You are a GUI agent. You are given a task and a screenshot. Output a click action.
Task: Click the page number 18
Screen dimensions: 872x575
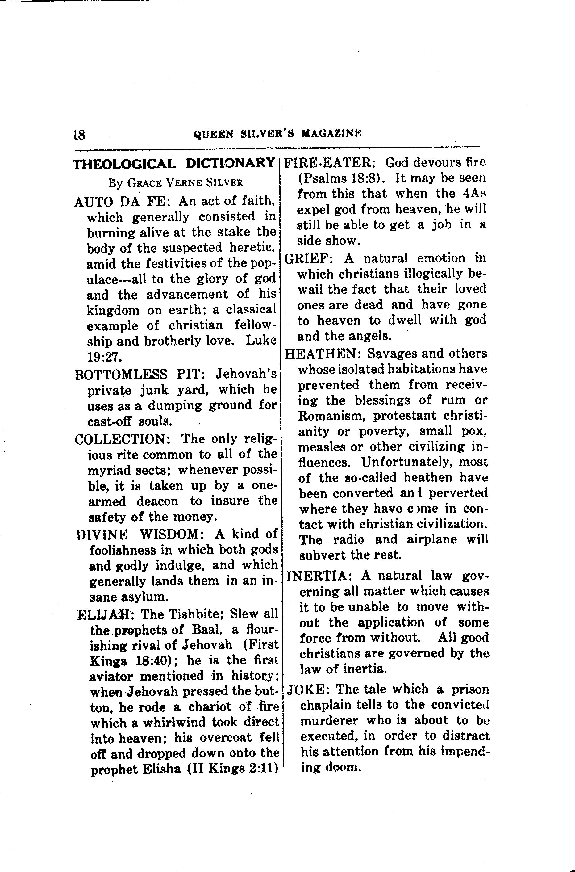pos(79,135)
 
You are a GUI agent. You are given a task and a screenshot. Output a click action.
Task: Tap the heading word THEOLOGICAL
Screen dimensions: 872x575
pos(125,164)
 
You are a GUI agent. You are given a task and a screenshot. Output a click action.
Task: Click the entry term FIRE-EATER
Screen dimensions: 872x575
pos(328,162)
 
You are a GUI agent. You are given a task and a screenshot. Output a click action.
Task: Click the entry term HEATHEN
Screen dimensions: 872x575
pos(323,354)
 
